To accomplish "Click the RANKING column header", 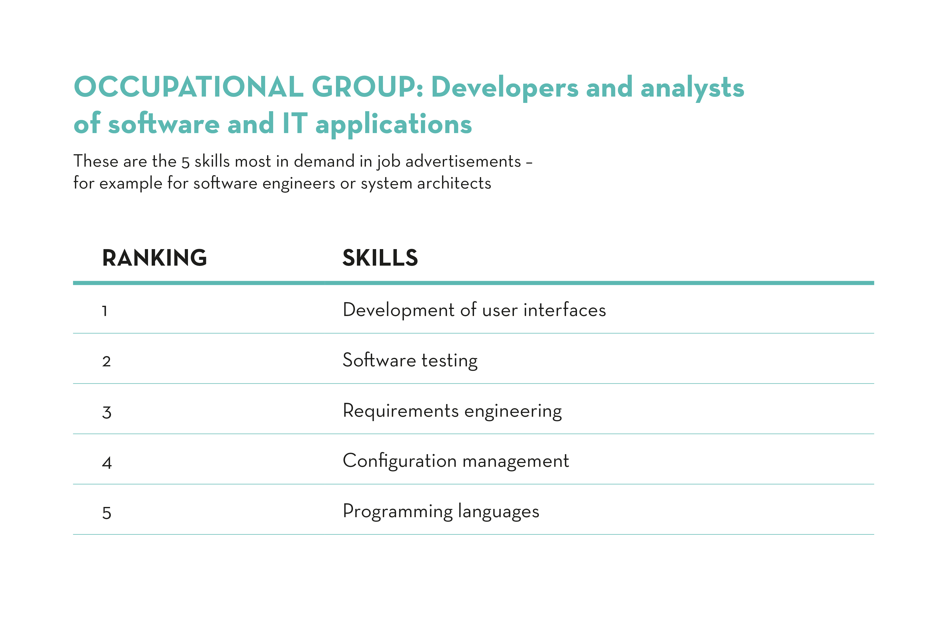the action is coord(154,258).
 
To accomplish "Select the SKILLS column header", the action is coord(380,258).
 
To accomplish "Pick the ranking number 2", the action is coord(106,361).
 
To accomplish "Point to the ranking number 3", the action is coord(106,412).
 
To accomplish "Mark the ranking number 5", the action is coord(106,513).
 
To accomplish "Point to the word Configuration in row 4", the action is coord(399,461).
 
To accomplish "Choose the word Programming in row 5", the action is coord(398,512).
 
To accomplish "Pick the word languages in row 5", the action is coord(499,512).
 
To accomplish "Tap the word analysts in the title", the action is coord(692,88).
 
